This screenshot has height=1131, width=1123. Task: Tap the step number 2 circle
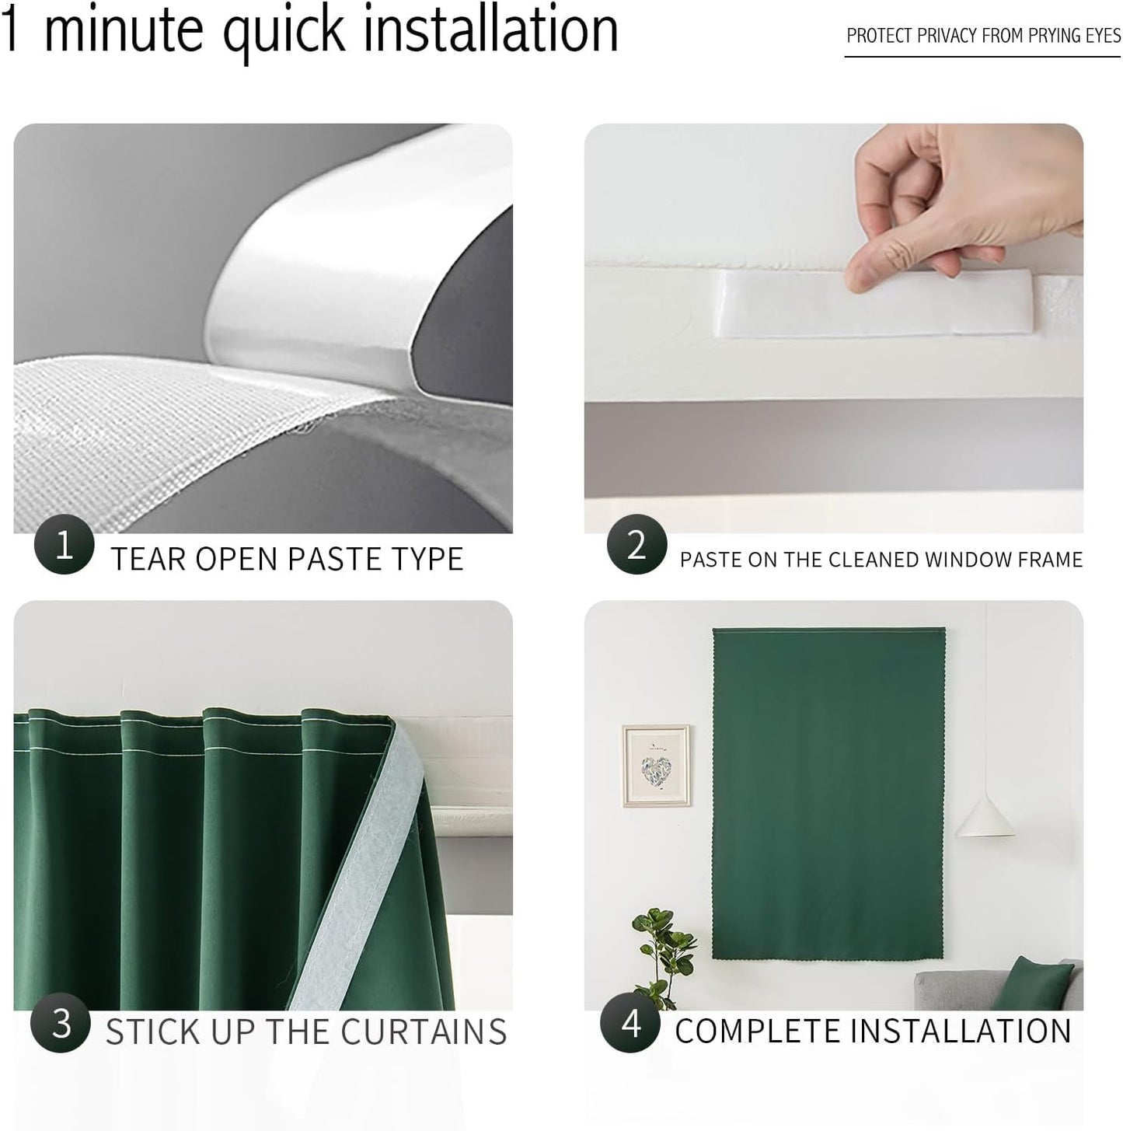(x=636, y=544)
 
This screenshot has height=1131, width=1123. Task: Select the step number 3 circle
(x=61, y=1022)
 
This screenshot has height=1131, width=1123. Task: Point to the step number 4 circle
(x=630, y=1022)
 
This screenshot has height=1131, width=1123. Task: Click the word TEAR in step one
(x=148, y=559)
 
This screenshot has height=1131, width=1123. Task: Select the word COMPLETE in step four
(x=757, y=1032)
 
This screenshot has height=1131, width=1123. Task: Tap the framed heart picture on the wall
(x=656, y=766)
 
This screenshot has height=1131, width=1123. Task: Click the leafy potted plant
(x=663, y=948)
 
